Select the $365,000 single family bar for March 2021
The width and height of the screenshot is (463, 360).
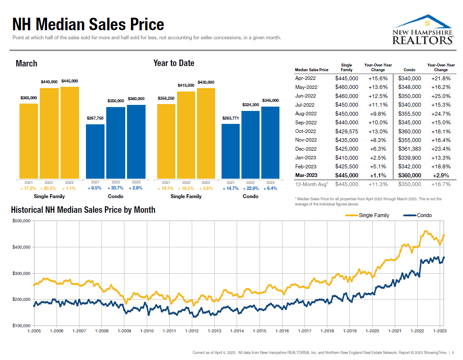click(x=29, y=141)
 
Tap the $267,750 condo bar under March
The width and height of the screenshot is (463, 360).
click(x=95, y=151)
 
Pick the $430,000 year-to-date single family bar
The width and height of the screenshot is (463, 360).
click(x=206, y=133)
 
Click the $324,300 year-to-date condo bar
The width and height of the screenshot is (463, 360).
click(x=251, y=145)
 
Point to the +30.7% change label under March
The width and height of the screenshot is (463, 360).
click(x=116, y=188)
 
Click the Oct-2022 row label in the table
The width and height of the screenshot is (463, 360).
click(x=306, y=131)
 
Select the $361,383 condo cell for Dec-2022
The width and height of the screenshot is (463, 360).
click(x=409, y=149)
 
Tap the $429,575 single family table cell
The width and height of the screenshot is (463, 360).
click(x=346, y=131)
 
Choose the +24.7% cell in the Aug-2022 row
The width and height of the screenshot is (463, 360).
click(x=441, y=114)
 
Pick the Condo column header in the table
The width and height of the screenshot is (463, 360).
click(x=409, y=70)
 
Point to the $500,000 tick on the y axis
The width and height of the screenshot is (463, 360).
click(x=20, y=221)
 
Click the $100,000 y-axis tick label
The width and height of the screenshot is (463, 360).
click(x=20, y=325)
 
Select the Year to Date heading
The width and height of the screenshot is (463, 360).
click(x=174, y=63)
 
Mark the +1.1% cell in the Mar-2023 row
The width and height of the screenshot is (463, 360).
click(x=378, y=175)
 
